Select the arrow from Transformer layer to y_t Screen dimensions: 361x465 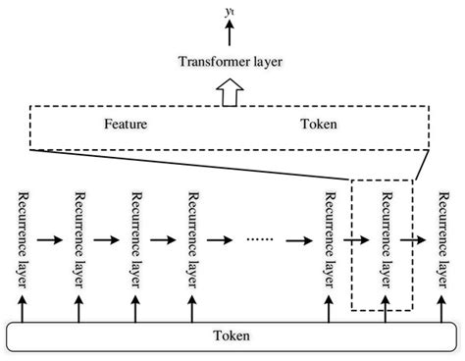[x=231, y=32]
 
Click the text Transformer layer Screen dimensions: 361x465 [x=231, y=62]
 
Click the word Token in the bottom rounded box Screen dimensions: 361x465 [x=231, y=336]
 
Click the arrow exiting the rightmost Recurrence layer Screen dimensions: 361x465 [x=431, y=237]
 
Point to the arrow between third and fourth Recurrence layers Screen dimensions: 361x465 [x=162, y=237]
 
